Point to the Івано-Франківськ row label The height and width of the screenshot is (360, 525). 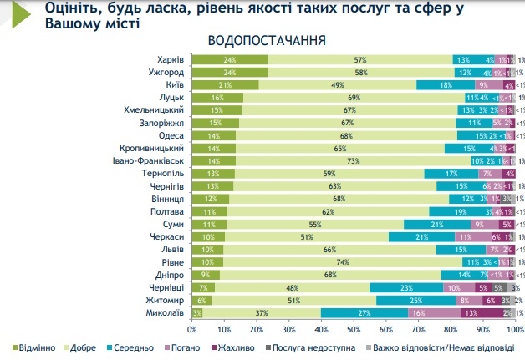pos(148,160)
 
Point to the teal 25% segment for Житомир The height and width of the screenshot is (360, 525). pos(415,299)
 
